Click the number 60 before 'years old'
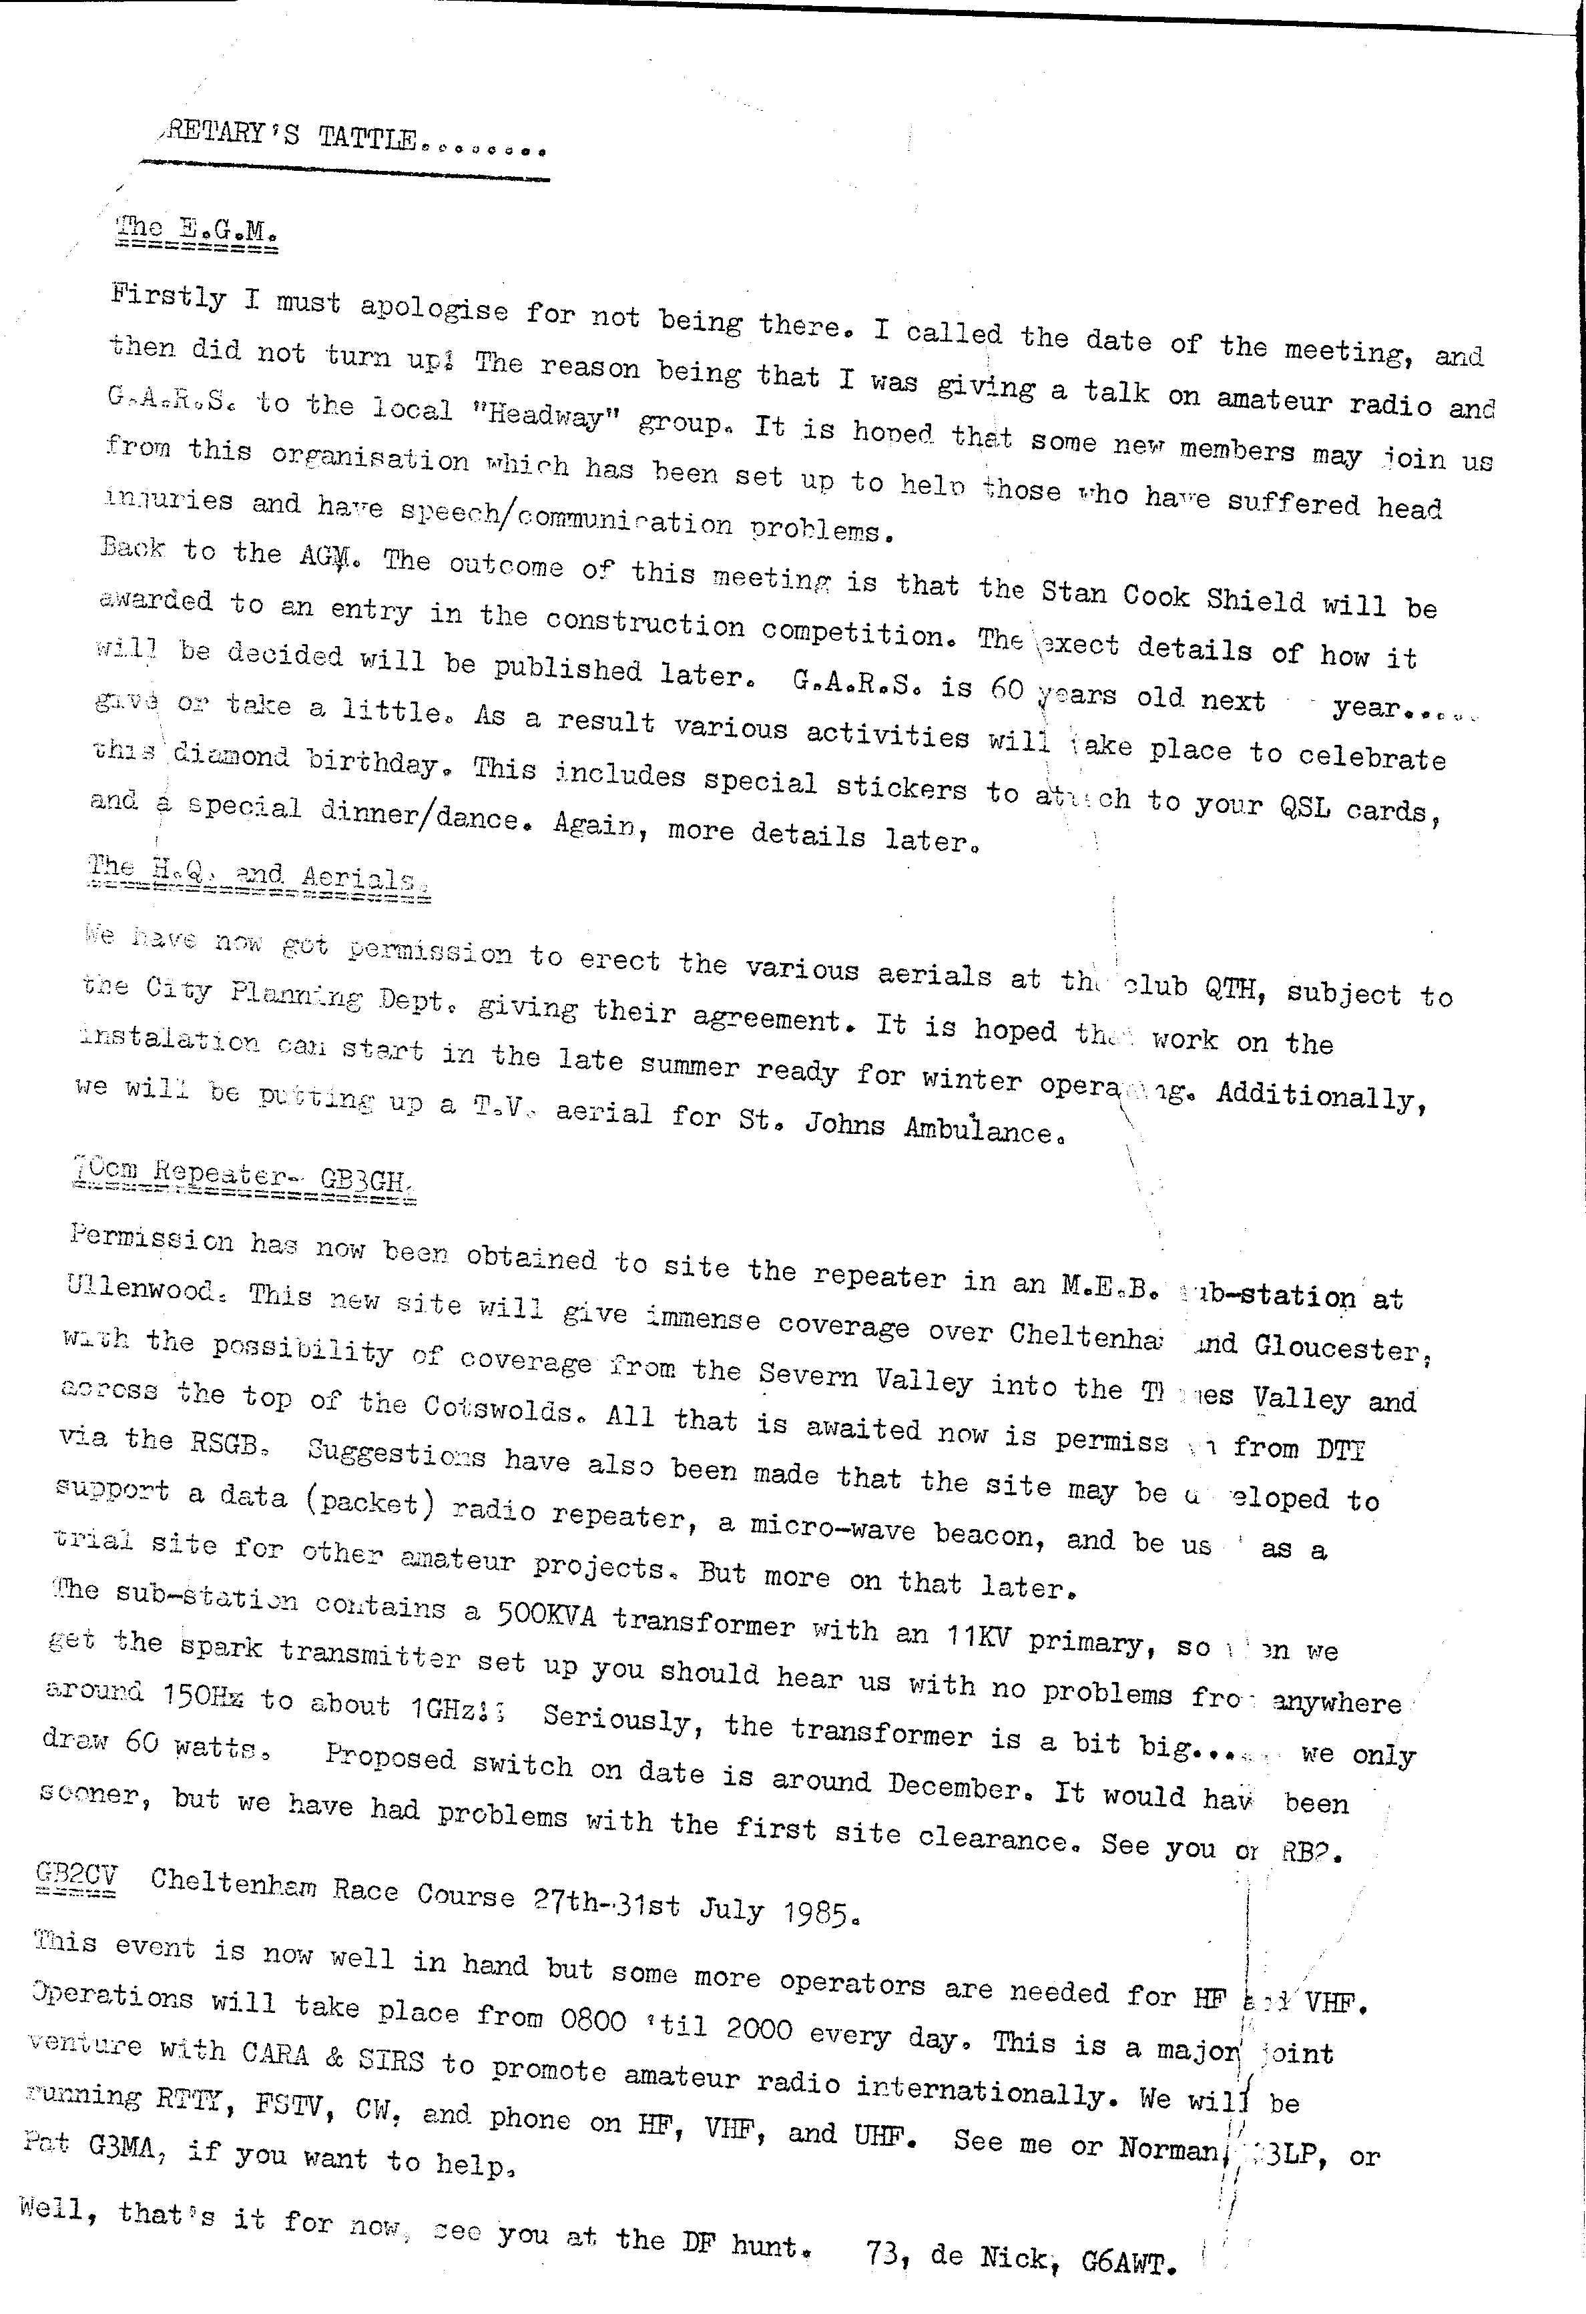(x=1007, y=691)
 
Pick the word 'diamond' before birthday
(x=231, y=759)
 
